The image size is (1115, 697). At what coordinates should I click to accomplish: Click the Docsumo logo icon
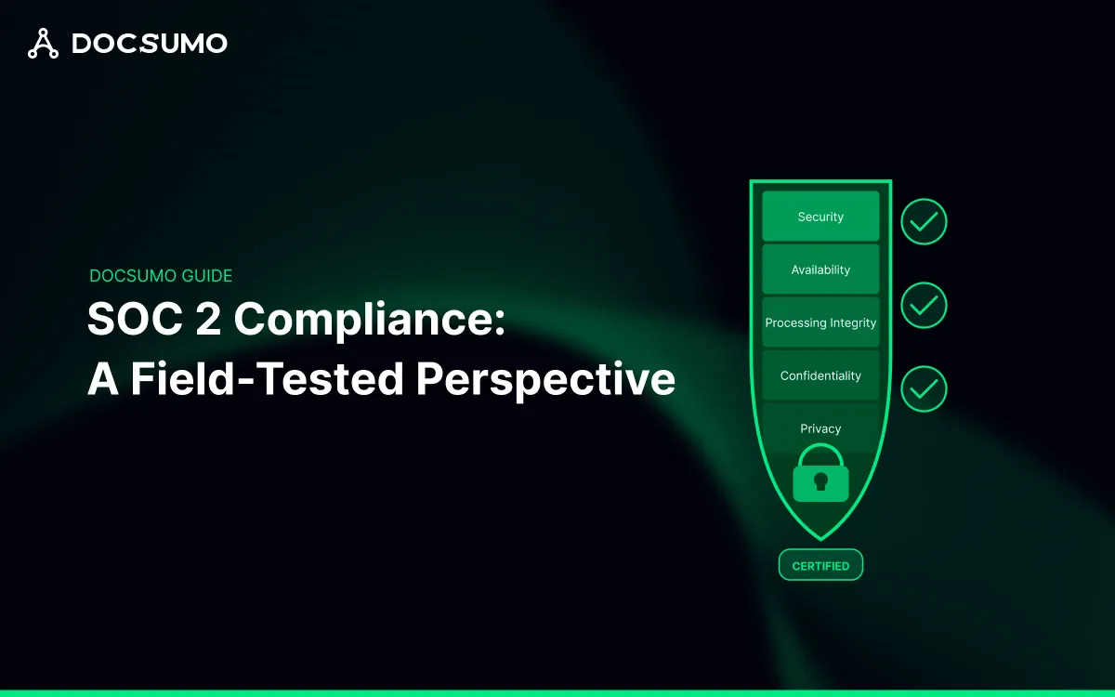pyautogui.click(x=43, y=43)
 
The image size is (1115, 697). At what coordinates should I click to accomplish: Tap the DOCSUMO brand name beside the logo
pyautogui.click(x=150, y=44)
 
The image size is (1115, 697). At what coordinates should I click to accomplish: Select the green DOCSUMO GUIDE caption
pyautogui.click(x=161, y=276)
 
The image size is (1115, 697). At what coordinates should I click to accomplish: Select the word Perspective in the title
pyautogui.click(x=545, y=380)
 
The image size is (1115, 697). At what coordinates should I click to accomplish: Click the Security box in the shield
pyautogui.click(x=820, y=217)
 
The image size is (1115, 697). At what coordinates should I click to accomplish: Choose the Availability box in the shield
pyautogui.click(x=820, y=270)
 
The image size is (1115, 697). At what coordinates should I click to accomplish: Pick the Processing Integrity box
pyautogui.click(x=820, y=322)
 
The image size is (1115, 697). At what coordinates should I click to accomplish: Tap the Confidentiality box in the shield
pyautogui.click(x=820, y=375)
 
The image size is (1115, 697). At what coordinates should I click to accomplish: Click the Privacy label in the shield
pyautogui.click(x=820, y=428)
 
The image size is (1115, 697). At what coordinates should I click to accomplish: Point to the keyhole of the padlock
pyautogui.click(x=820, y=481)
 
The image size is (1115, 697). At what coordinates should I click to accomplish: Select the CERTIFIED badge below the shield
pyautogui.click(x=820, y=565)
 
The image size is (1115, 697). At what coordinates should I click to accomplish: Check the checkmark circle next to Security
pyautogui.click(x=924, y=222)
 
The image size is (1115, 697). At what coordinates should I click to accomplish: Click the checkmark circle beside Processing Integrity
pyautogui.click(x=924, y=305)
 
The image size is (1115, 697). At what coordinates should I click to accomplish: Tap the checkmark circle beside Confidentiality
pyautogui.click(x=924, y=388)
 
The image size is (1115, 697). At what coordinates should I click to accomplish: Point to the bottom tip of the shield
pyautogui.click(x=820, y=538)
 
